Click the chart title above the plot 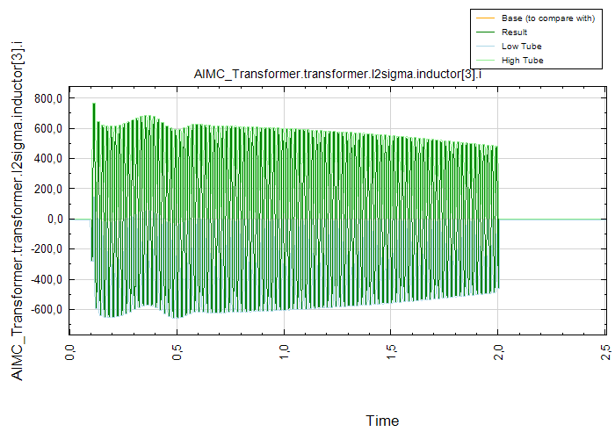point(337,74)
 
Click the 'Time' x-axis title point(382,421)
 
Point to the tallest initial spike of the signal point(94,104)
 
